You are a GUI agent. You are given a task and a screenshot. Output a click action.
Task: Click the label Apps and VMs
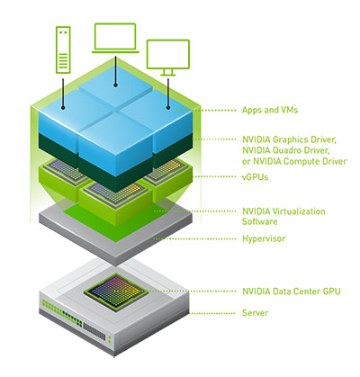coord(270,110)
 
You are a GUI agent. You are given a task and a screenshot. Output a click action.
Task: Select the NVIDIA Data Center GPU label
coord(289,291)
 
